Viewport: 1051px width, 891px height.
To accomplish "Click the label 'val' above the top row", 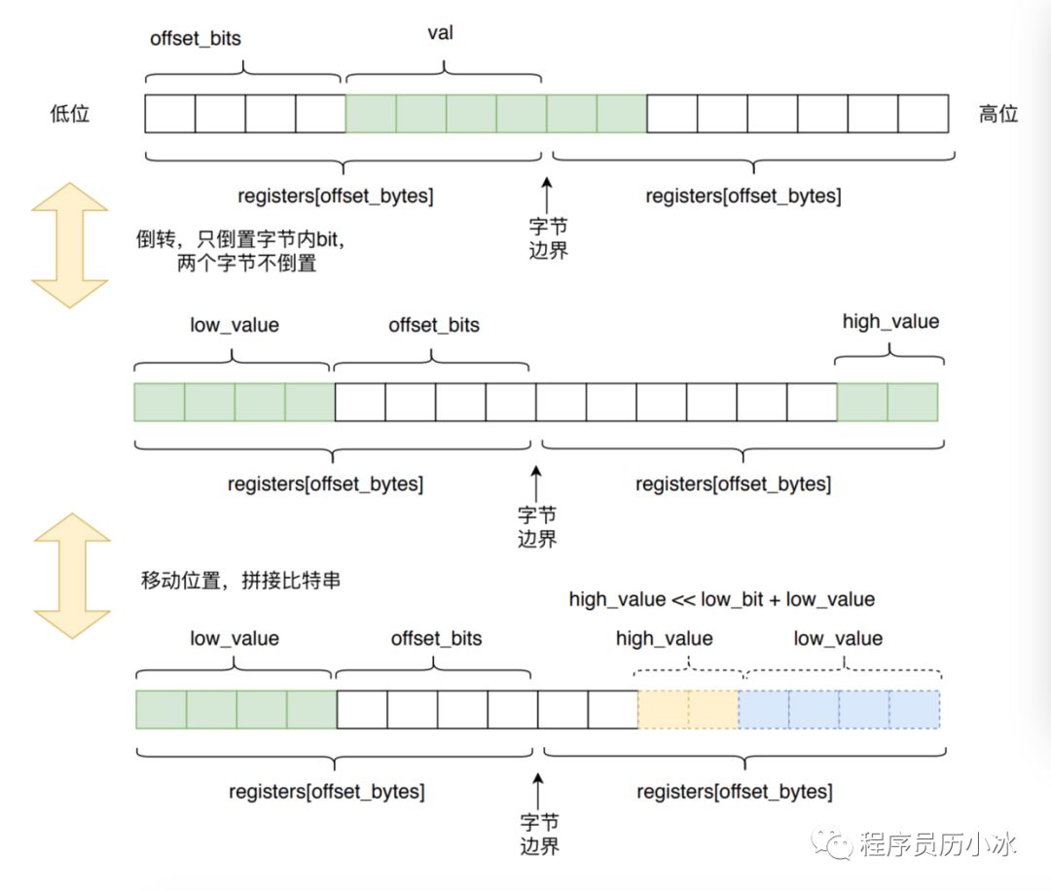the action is (441, 33).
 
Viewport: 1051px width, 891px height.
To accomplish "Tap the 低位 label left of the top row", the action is (70, 113).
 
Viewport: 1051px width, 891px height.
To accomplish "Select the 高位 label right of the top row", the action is (998, 114).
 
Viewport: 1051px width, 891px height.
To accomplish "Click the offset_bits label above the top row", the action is (195, 38).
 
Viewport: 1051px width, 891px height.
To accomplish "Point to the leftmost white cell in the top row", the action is (170, 113).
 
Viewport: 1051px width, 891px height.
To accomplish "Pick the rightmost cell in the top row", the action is (923, 113).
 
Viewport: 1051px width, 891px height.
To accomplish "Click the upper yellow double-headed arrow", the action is (70, 245).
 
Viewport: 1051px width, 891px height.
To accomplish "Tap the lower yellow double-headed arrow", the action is (72, 576).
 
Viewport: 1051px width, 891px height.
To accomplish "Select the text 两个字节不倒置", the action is (246, 264).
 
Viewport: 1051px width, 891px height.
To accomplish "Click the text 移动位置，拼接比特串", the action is (240, 580).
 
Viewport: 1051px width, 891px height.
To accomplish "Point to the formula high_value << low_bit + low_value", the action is (722, 599).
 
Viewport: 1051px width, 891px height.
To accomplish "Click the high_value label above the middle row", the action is (890, 322).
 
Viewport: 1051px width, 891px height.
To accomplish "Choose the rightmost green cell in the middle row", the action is (913, 402).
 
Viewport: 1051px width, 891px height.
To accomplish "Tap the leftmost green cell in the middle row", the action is (160, 402).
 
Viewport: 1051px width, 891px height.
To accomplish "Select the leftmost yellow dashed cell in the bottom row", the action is (663, 709).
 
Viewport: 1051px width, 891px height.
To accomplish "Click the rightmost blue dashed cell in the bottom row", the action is (915, 709).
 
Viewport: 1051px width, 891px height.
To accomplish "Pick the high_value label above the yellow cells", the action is (665, 638).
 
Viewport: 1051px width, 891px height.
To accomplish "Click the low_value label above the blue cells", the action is (838, 638).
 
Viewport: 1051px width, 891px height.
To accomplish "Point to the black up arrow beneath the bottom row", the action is (538, 791).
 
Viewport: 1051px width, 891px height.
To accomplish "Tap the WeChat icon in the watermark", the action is (832, 842).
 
